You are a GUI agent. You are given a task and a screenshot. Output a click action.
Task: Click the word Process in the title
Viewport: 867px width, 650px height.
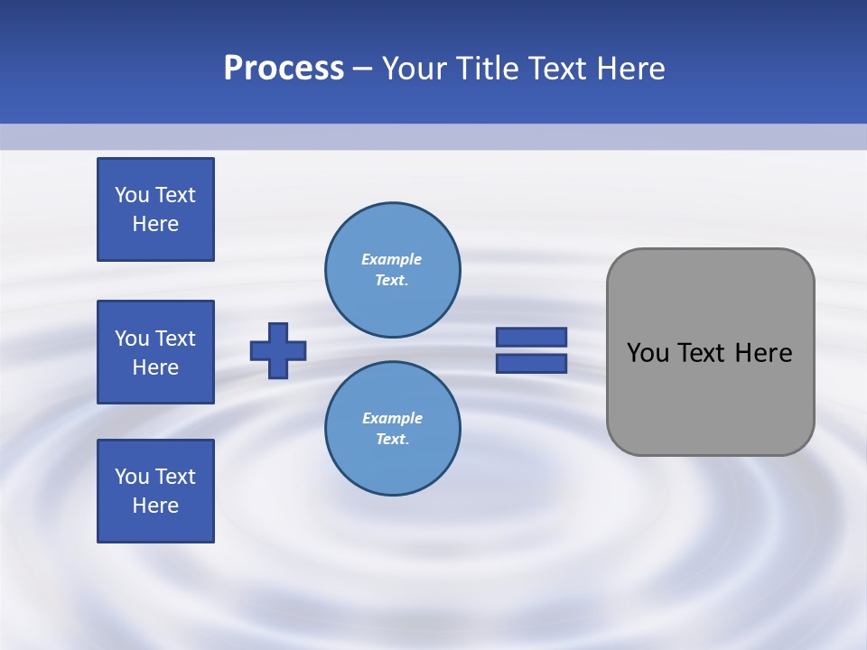(284, 69)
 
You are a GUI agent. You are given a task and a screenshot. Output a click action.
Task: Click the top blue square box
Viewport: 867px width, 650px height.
(155, 209)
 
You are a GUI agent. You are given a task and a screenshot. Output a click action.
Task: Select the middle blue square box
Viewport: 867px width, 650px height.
(155, 352)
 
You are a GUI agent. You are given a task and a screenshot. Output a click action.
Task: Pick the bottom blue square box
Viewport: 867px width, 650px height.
(155, 491)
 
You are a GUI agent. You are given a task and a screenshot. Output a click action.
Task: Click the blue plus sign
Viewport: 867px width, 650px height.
(278, 350)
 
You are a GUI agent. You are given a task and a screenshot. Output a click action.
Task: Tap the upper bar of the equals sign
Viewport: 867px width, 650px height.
(531, 337)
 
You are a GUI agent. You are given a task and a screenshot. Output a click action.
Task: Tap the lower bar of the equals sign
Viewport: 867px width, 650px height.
(531, 363)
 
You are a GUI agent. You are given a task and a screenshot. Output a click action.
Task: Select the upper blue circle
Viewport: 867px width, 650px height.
(392, 269)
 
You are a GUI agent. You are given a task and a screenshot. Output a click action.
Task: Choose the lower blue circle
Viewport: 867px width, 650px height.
(392, 428)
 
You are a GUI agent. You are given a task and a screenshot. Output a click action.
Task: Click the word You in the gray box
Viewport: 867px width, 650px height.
(648, 353)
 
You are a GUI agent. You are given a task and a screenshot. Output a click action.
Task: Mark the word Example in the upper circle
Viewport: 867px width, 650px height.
(392, 259)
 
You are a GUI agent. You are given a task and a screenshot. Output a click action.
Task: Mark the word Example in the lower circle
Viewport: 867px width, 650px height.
(392, 418)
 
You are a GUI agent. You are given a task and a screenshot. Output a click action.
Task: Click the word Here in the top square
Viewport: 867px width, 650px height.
(155, 224)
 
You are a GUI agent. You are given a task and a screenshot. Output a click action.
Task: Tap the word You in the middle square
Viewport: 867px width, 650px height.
(132, 339)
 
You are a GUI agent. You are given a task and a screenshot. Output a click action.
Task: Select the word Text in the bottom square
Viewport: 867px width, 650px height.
(175, 477)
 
